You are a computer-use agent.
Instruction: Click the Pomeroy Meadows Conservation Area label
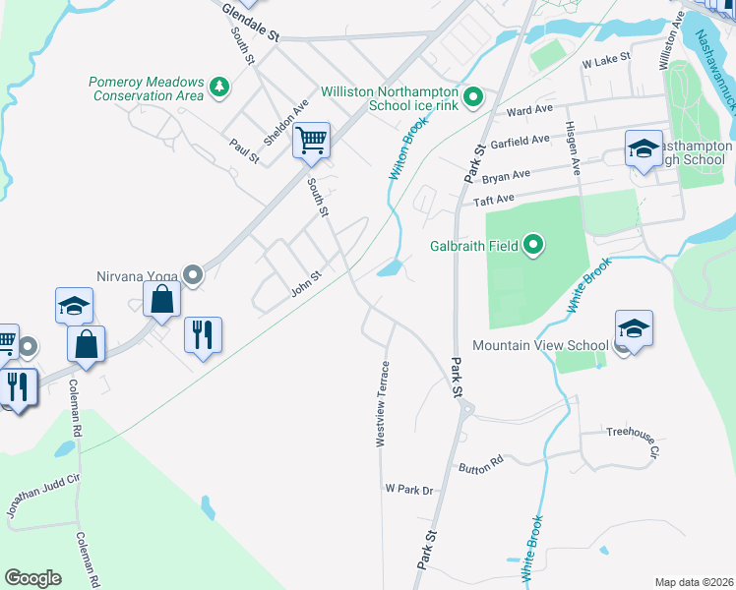(x=146, y=88)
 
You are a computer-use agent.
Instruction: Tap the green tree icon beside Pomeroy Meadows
(x=218, y=88)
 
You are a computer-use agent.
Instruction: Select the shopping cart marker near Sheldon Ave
(x=311, y=141)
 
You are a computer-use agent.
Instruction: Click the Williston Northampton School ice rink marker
(x=473, y=96)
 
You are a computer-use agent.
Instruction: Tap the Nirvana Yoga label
(x=139, y=276)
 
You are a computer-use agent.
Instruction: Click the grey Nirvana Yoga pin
(x=194, y=276)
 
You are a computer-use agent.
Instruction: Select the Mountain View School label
(x=540, y=345)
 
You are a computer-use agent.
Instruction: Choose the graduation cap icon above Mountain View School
(x=634, y=328)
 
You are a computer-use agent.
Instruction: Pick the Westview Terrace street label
(x=383, y=405)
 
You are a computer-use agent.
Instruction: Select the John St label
(x=306, y=283)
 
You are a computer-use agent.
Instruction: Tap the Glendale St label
(x=251, y=23)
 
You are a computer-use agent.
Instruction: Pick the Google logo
(x=32, y=578)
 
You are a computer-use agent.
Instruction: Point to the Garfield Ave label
(x=520, y=142)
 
